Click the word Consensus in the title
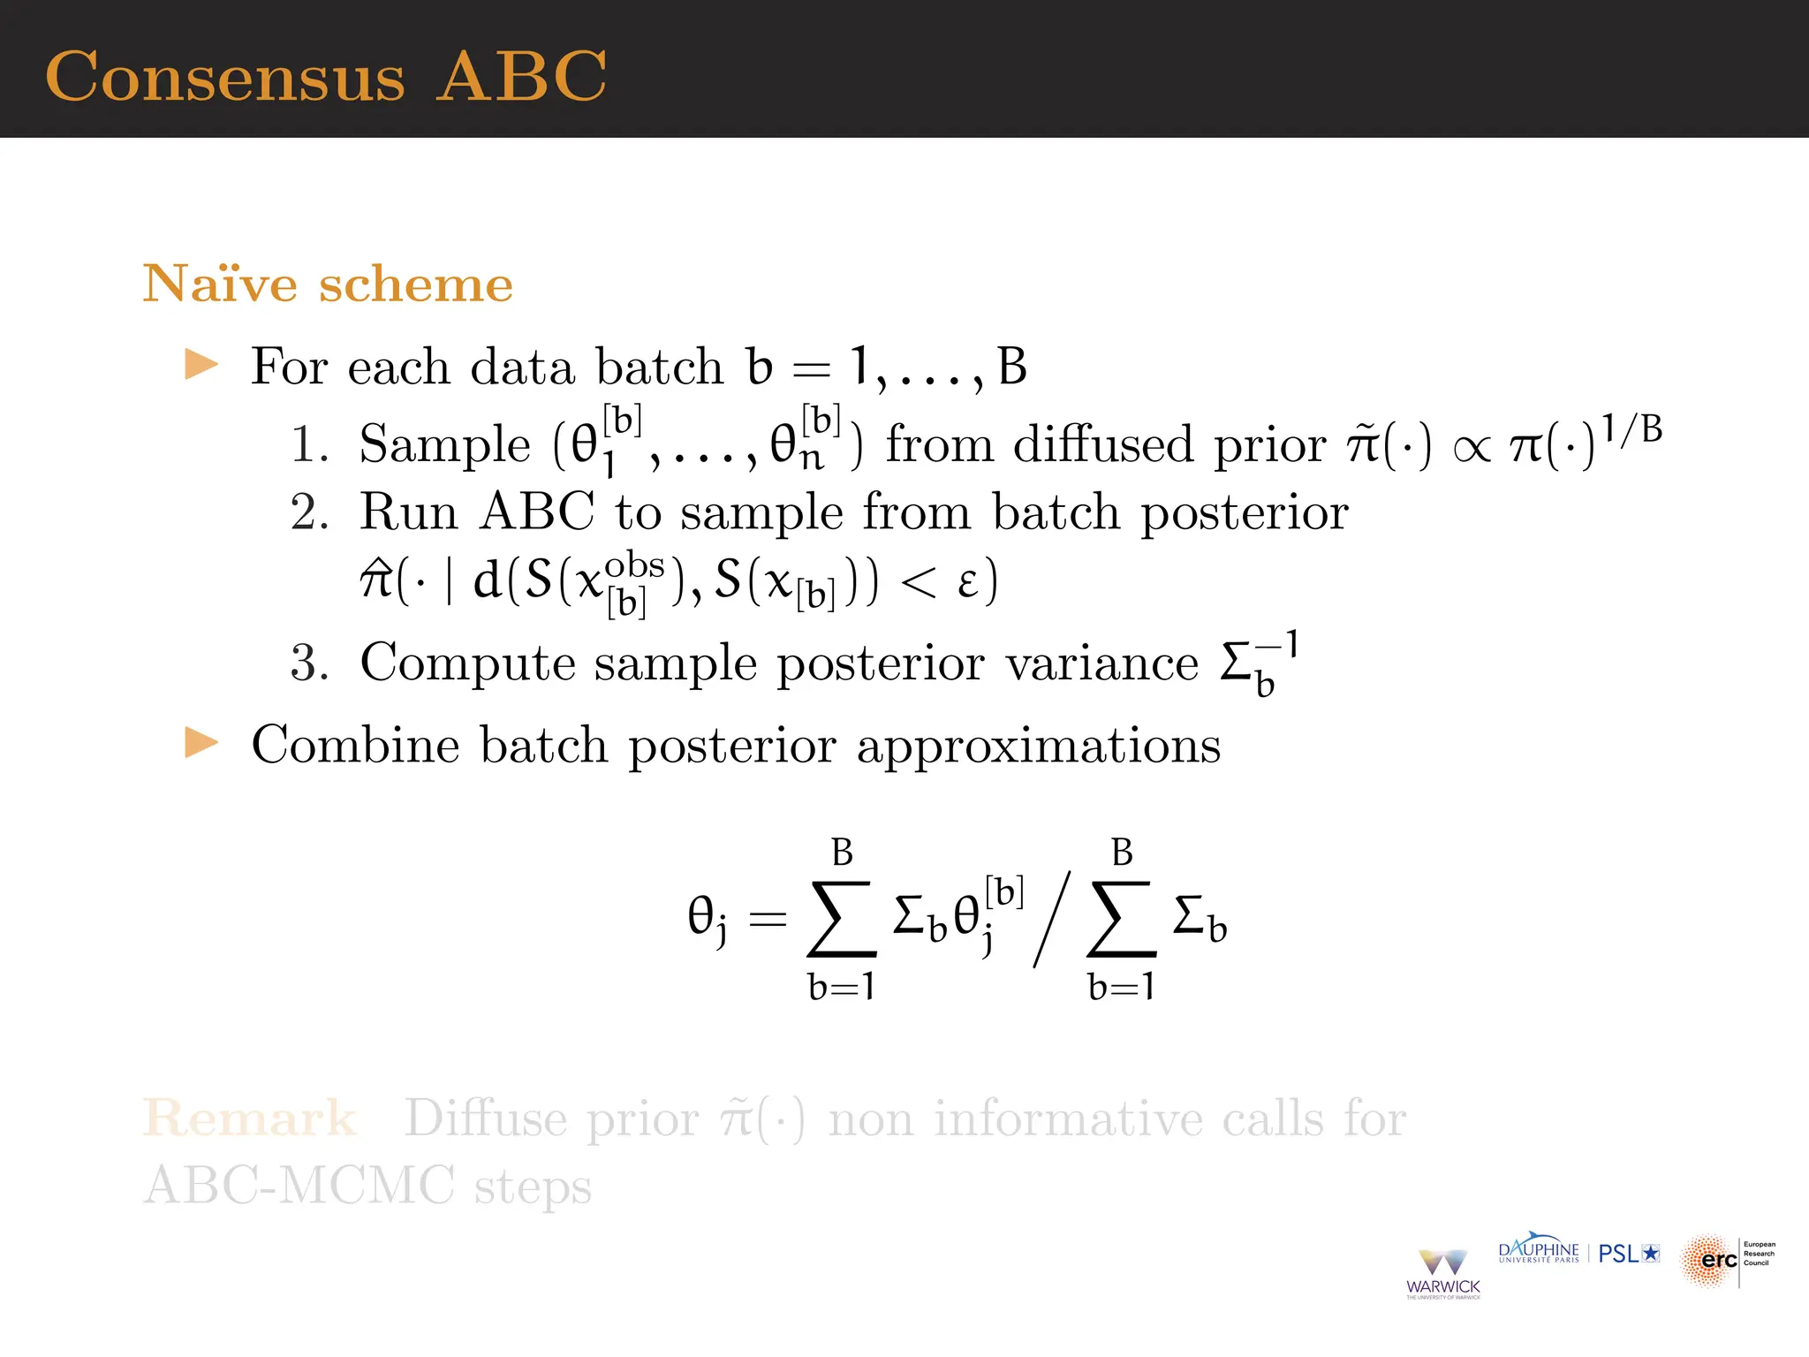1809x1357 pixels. (225, 78)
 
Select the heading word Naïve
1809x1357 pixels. (220, 284)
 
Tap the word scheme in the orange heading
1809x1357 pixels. (415, 284)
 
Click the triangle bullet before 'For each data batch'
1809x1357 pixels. (201, 365)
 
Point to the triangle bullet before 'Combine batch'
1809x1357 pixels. (201, 743)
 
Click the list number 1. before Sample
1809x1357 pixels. (309, 444)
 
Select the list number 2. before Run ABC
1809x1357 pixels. (309, 512)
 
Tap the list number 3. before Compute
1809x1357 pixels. (309, 663)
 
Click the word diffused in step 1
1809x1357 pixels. (1103, 444)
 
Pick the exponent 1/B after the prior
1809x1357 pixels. (1632, 430)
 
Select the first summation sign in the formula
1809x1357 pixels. (842, 919)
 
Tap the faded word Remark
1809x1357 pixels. (250, 1119)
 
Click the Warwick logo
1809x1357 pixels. (1443, 1273)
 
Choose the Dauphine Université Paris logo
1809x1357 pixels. (1539, 1252)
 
